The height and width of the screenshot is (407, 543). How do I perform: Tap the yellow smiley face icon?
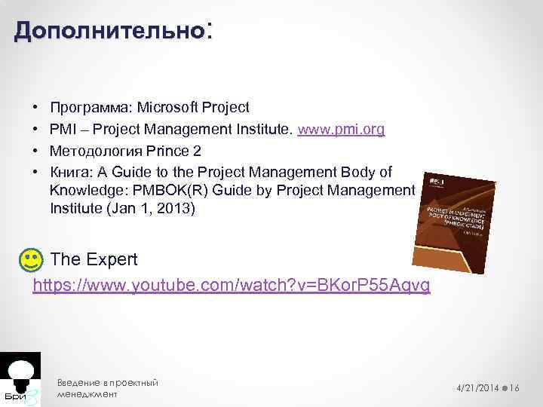pyautogui.click(x=29, y=261)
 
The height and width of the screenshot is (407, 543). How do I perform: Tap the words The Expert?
pyautogui.click(x=94, y=260)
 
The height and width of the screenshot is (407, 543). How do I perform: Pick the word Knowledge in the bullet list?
pyautogui.click(x=83, y=189)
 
